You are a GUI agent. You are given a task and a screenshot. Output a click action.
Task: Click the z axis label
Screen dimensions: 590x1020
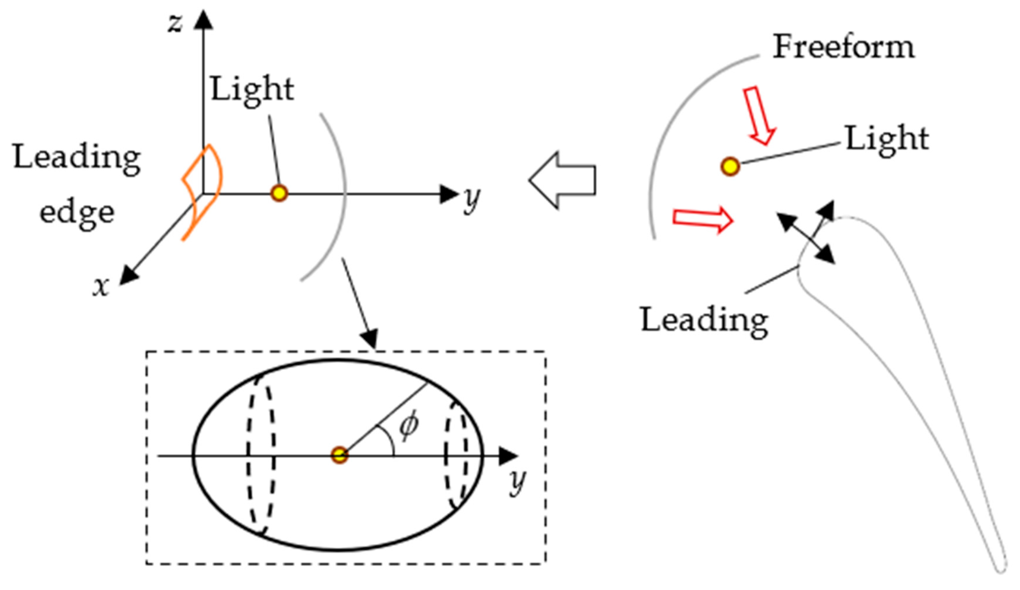(x=175, y=23)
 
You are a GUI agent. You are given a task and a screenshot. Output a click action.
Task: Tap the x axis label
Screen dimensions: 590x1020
(x=101, y=287)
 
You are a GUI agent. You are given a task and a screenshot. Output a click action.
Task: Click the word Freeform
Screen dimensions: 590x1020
(x=843, y=47)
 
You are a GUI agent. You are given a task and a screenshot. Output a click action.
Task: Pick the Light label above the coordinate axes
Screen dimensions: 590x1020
(x=252, y=89)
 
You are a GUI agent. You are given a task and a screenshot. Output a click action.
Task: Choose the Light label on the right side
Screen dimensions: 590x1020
(x=887, y=138)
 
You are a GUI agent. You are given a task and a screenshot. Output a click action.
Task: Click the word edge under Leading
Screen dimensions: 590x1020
(x=77, y=213)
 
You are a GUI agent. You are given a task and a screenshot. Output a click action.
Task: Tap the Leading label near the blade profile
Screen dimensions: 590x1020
(x=704, y=320)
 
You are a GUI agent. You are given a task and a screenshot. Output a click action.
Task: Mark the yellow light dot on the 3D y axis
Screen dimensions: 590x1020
(x=279, y=194)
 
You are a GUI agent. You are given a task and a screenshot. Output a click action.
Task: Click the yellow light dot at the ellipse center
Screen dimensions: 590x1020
(x=339, y=455)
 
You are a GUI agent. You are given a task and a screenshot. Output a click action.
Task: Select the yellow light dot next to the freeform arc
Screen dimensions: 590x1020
(x=730, y=166)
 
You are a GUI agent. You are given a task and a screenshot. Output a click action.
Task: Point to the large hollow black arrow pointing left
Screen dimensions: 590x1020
(x=562, y=180)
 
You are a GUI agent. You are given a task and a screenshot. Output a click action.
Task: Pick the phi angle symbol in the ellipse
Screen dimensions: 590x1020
(x=409, y=425)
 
